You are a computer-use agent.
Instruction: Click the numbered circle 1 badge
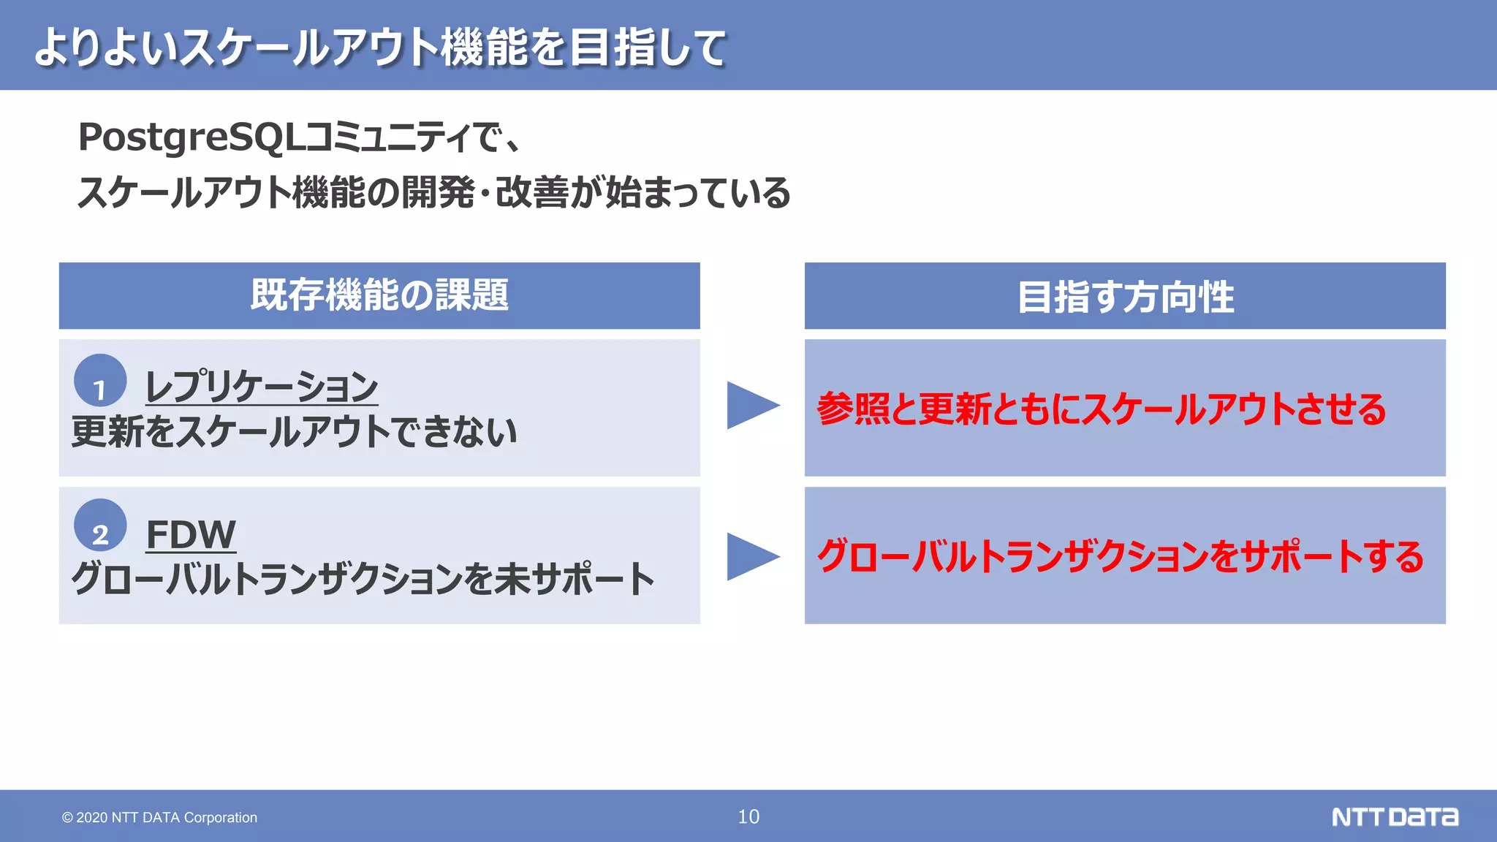[100, 381]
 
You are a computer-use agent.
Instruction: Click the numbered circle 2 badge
[100, 526]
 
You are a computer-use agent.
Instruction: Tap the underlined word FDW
[191, 534]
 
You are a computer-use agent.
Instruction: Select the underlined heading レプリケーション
[262, 387]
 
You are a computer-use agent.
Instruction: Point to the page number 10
[748, 816]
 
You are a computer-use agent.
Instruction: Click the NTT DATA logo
[1395, 816]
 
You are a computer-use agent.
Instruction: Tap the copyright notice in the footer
[159, 817]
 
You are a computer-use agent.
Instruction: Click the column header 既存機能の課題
[379, 295]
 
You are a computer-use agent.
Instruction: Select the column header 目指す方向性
[1125, 297]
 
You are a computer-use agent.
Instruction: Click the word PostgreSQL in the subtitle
[189, 137]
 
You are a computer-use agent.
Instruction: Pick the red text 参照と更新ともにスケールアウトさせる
[1101, 409]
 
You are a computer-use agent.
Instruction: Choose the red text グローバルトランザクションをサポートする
[1120, 556]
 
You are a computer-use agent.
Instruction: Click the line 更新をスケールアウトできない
[295, 431]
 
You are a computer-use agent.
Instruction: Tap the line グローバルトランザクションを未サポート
[363, 579]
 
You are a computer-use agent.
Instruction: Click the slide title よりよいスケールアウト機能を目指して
[380, 48]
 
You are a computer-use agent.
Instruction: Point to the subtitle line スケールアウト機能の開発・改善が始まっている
[433, 193]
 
